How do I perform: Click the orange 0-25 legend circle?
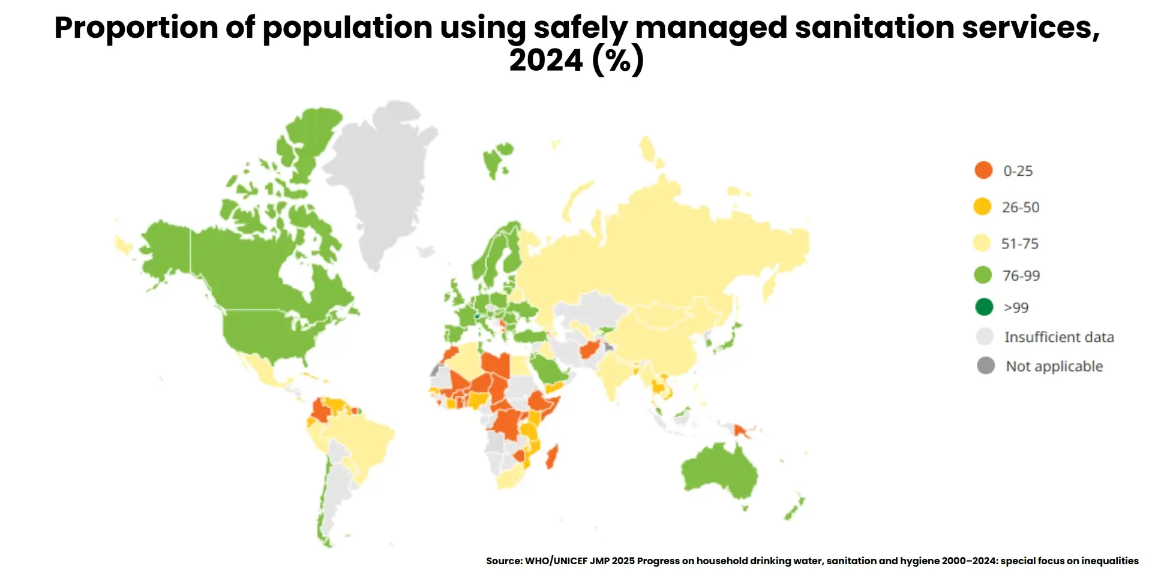click(x=983, y=170)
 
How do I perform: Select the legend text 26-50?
click(x=1020, y=207)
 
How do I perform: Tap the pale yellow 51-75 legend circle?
click(x=982, y=243)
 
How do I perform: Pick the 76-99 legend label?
click(x=1021, y=276)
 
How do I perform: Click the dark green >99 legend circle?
click(x=984, y=307)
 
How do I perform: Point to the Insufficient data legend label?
click(x=1058, y=337)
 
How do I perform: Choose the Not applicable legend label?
click(x=1054, y=366)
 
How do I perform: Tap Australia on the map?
click(x=720, y=474)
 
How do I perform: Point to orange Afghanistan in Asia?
click(x=591, y=348)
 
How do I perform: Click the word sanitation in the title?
click(x=875, y=28)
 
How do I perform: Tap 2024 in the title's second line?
click(x=546, y=60)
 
